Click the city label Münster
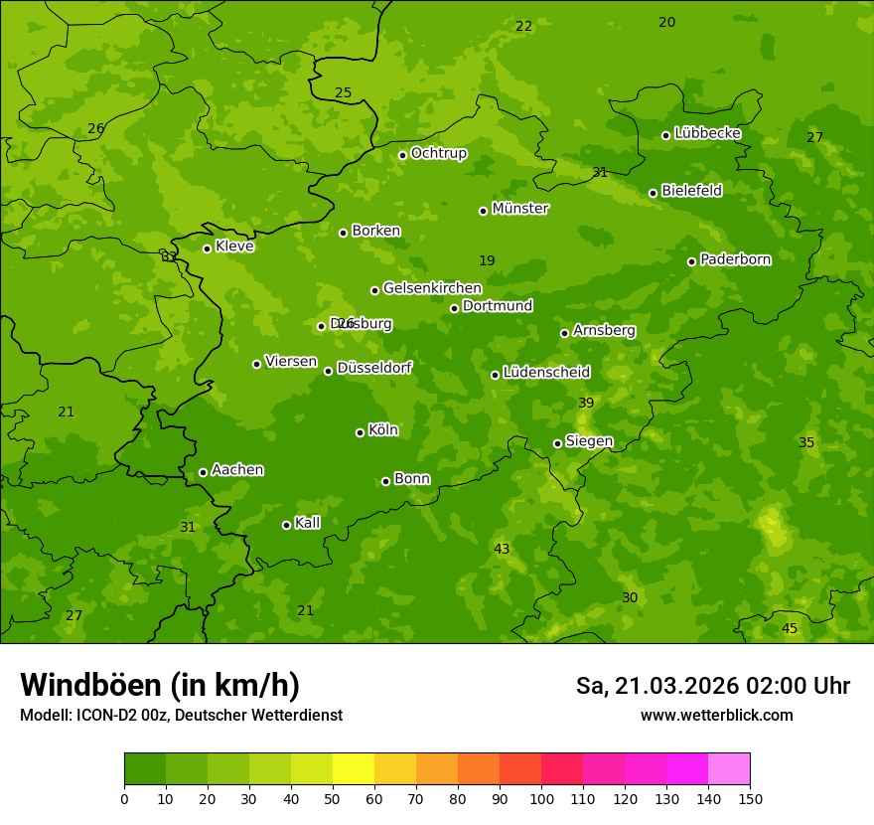tap(519, 209)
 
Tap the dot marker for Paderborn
tap(691, 261)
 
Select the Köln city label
tap(382, 430)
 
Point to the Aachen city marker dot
tap(203, 472)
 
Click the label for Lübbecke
tap(707, 133)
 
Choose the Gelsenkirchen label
tap(432, 288)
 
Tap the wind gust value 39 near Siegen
tap(586, 403)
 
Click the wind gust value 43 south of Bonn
tap(502, 550)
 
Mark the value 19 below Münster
tap(487, 261)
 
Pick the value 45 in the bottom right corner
tap(790, 629)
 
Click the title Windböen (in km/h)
tap(160, 685)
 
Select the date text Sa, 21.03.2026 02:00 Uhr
tap(712, 686)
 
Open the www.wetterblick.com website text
tap(716, 716)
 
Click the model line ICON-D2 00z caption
tap(181, 716)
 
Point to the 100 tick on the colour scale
tap(541, 799)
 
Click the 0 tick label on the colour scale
tap(124, 799)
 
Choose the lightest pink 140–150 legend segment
tap(729, 769)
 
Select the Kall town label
tap(307, 523)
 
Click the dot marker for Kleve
tap(207, 248)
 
